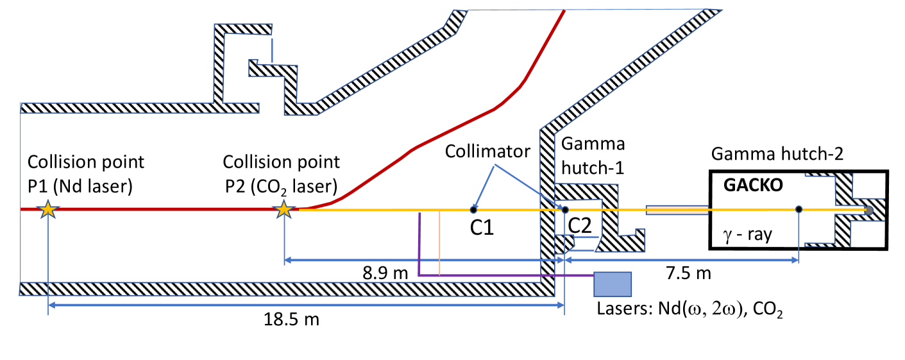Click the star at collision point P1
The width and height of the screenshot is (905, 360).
pos(47,209)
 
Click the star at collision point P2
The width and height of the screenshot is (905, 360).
pos(283,209)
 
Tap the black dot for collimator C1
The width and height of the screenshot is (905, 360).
pos(473,209)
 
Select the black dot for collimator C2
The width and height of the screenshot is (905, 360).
pos(564,209)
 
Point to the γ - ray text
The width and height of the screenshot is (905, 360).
pos(747,235)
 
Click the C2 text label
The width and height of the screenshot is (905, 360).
pos(582,226)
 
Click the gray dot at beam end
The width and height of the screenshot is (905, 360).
pos(869,209)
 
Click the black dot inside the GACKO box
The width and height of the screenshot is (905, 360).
pos(798,209)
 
